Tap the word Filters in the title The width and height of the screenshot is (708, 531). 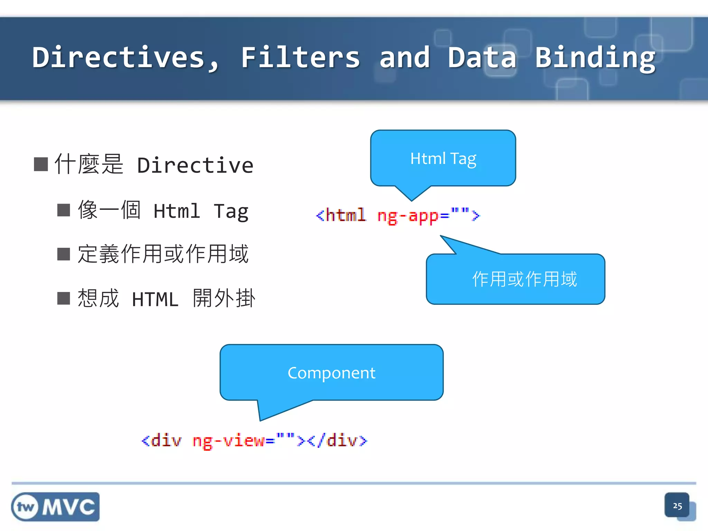click(300, 58)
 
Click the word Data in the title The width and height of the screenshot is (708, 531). click(482, 58)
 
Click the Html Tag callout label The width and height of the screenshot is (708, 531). click(443, 159)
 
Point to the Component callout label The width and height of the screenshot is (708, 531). click(331, 373)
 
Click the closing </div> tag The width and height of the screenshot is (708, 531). click(337, 441)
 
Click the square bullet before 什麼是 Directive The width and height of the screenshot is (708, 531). click(41, 164)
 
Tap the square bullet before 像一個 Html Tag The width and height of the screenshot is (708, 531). click(64, 210)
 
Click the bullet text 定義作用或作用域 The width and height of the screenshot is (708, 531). click(163, 254)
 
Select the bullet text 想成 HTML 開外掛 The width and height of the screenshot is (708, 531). click(166, 298)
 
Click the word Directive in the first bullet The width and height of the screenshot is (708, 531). click(195, 165)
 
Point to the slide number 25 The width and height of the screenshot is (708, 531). click(677, 506)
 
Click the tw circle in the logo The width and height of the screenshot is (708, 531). click(25, 507)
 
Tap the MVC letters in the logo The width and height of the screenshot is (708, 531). click(68, 507)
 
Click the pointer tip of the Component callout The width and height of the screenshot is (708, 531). click(260, 420)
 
